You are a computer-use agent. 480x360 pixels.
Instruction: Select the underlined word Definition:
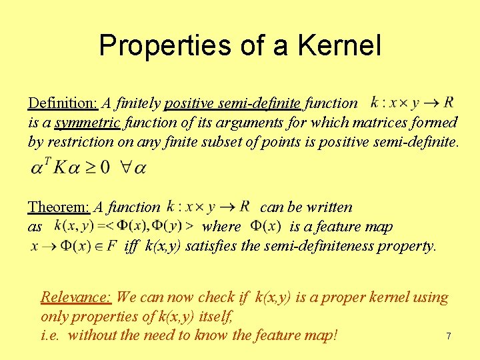point(63,103)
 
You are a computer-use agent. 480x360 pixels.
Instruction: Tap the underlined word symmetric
point(87,123)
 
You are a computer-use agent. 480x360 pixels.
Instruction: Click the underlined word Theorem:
point(59,208)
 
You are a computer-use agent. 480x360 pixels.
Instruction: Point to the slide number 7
point(448,337)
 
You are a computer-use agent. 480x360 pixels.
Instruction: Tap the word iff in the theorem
point(131,246)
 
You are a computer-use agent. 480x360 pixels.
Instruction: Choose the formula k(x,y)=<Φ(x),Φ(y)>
point(124,227)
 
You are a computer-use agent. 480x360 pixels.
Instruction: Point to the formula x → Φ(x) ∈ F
point(74,246)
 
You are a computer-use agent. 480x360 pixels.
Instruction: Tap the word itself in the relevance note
point(215,317)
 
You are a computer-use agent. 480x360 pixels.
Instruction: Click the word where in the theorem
point(221,227)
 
